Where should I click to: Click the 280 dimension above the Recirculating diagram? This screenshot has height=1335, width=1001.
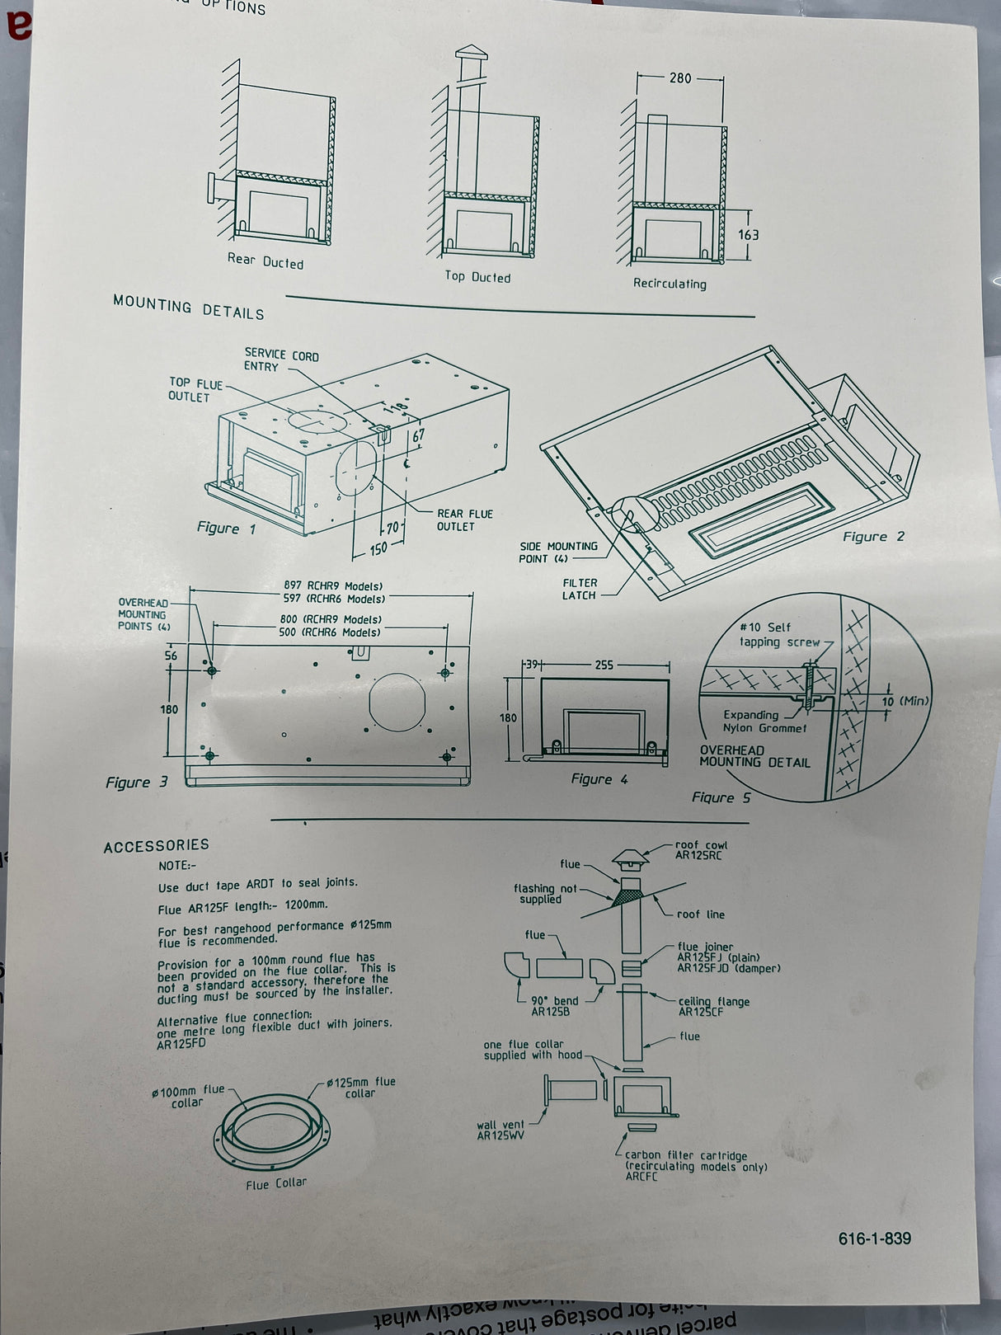pyautogui.click(x=680, y=78)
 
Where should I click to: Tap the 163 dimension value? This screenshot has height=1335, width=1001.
pyautogui.click(x=748, y=235)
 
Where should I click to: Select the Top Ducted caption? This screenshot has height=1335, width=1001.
pyautogui.click(x=477, y=277)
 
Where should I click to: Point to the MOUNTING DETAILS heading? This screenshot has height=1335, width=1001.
pyautogui.click(x=189, y=308)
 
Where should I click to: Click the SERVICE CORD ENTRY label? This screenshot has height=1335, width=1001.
pyautogui.click(x=280, y=360)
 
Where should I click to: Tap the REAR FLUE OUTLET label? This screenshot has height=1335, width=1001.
pyautogui.click(x=464, y=519)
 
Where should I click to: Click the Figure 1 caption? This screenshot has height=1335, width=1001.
pyautogui.click(x=226, y=528)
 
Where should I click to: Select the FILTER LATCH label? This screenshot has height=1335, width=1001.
pyautogui.click(x=580, y=589)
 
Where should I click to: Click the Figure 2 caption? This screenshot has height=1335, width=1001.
pyautogui.click(x=873, y=537)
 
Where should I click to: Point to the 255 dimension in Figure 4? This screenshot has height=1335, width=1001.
pyautogui.click(x=604, y=665)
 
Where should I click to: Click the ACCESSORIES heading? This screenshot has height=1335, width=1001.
pyautogui.click(x=157, y=845)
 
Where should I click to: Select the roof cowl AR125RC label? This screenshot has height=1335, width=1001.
pyautogui.click(x=701, y=850)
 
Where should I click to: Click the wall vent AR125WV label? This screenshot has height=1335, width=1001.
pyautogui.click(x=500, y=1130)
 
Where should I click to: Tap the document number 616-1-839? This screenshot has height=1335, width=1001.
pyautogui.click(x=875, y=1239)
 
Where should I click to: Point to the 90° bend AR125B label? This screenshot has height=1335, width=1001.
pyautogui.click(x=554, y=1006)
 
